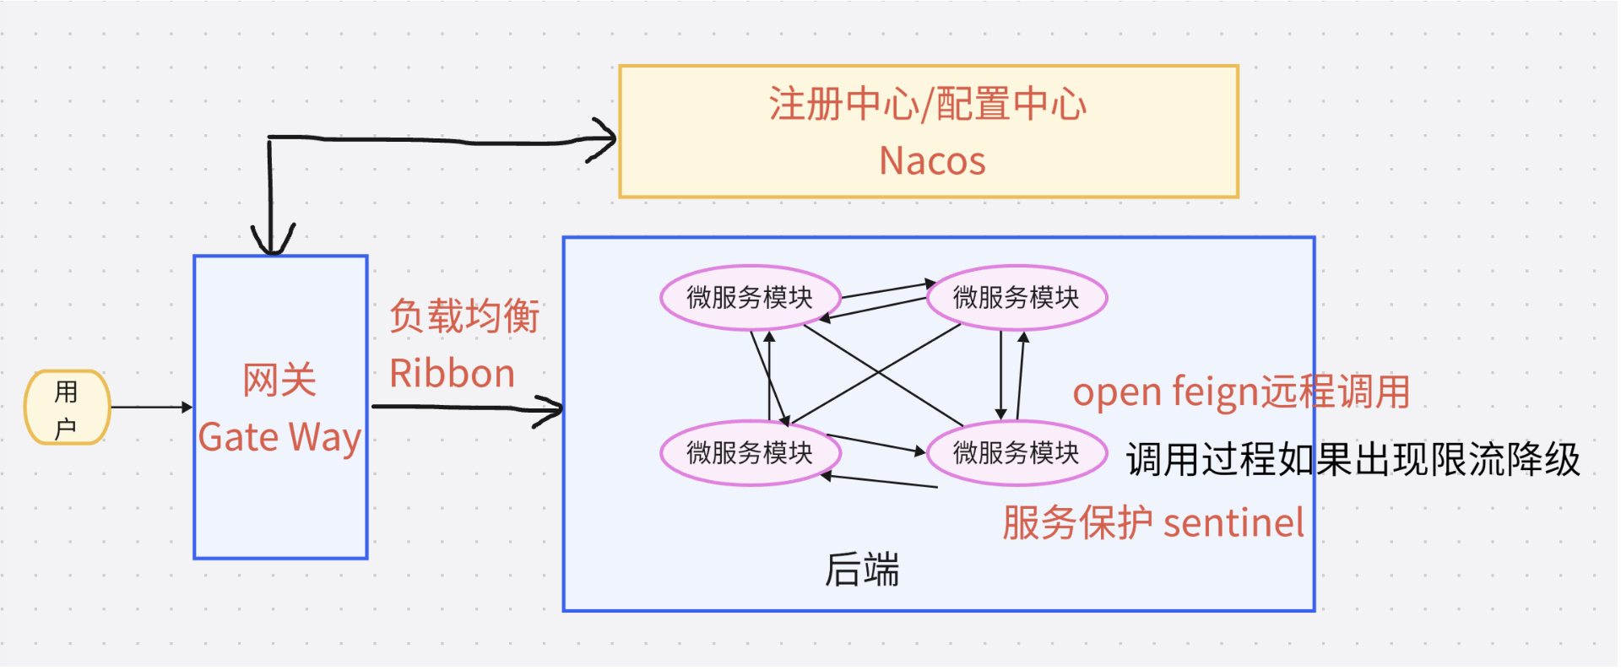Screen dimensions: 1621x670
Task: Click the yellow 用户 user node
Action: point(67,408)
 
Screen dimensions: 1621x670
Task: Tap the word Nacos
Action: point(932,160)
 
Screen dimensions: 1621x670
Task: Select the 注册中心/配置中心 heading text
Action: point(927,104)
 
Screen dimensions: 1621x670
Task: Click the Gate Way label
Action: point(279,437)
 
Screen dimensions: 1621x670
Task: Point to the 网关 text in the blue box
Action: point(279,380)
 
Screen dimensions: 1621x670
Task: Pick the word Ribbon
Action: point(452,373)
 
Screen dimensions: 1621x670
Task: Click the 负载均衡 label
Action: point(464,316)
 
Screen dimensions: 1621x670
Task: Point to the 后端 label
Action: point(862,570)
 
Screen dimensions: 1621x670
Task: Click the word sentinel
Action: point(1233,523)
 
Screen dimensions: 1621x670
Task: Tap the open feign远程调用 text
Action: point(1241,392)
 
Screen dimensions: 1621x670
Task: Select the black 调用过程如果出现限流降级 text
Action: point(1353,460)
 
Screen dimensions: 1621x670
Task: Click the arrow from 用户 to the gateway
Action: point(152,407)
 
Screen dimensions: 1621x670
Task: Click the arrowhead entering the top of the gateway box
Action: point(272,240)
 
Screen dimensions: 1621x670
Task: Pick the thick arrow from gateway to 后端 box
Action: point(467,409)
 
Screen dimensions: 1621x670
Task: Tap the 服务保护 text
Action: point(1077,523)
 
